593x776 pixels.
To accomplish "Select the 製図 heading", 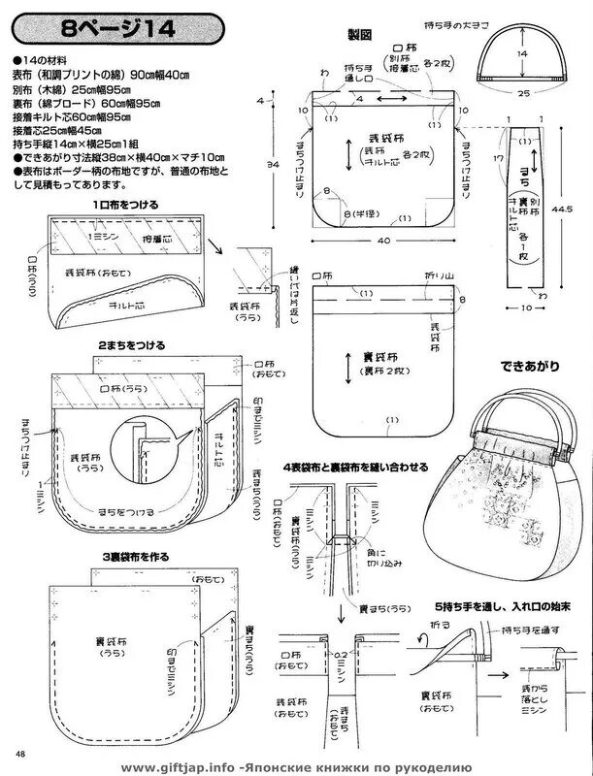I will [360, 36].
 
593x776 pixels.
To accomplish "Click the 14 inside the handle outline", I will [522, 54].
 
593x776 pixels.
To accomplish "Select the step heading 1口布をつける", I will [126, 206].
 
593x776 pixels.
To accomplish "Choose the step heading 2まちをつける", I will [131, 344].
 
